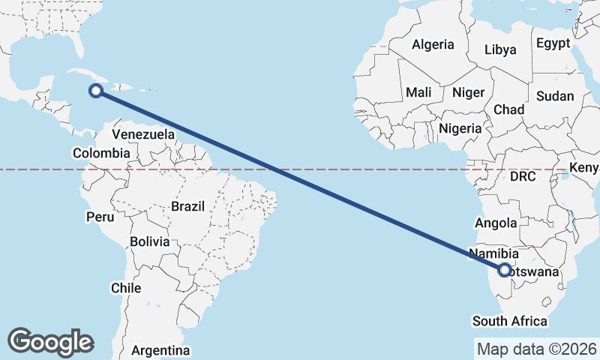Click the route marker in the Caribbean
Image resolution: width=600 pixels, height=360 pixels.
tap(96, 91)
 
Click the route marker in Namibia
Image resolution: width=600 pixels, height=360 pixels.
tap(505, 270)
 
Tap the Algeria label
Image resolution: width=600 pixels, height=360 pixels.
tap(433, 44)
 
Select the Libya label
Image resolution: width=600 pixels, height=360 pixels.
tap(500, 50)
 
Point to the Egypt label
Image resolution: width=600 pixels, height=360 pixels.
tap(553, 43)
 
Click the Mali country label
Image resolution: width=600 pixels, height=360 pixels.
tap(418, 93)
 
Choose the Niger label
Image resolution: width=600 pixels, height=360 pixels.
tap(469, 93)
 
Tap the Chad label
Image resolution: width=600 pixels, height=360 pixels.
tap(508, 109)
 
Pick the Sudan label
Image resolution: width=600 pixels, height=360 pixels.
tap(555, 96)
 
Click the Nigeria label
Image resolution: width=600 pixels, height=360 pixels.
tap(460, 128)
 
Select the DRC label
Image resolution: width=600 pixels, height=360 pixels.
tap(522, 177)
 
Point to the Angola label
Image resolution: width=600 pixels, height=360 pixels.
tap(496, 223)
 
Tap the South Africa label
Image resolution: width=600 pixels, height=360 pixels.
tap(509, 321)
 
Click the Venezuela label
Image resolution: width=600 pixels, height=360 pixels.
tap(143, 134)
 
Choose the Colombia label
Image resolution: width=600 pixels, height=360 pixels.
tap(101, 153)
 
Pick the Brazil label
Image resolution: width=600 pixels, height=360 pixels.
tap(187, 205)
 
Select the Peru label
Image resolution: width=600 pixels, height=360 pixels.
tap(100, 217)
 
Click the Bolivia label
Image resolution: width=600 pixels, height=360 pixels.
tap(149, 241)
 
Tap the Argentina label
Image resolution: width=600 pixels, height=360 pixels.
tap(160, 350)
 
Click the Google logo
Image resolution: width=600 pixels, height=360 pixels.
tap(51, 341)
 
